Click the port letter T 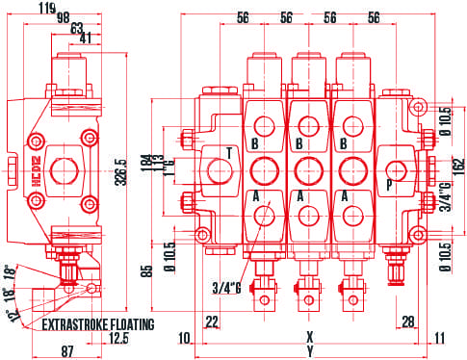(x=229, y=153)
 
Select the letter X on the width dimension (x=309, y=338)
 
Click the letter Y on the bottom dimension (x=309, y=351)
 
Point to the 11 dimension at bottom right (x=440, y=338)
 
